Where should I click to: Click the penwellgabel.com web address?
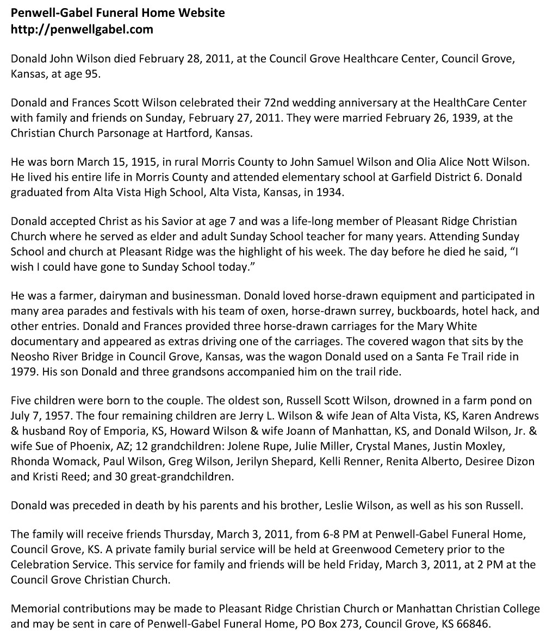click(82, 29)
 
